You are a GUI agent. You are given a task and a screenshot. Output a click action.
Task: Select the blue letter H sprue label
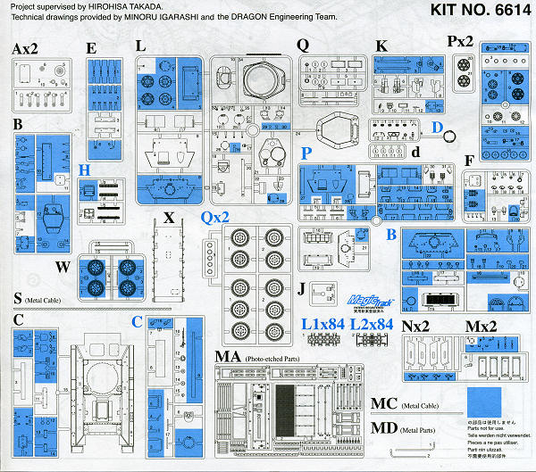(x=84, y=170)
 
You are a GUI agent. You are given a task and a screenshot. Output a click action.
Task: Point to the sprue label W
(x=63, y=265)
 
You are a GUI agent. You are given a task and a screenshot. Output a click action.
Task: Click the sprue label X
(x=168, y=218)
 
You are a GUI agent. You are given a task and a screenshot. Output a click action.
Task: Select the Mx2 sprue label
(x=483, y=326)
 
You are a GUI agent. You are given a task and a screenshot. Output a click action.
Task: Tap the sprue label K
(x=381, y=46)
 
